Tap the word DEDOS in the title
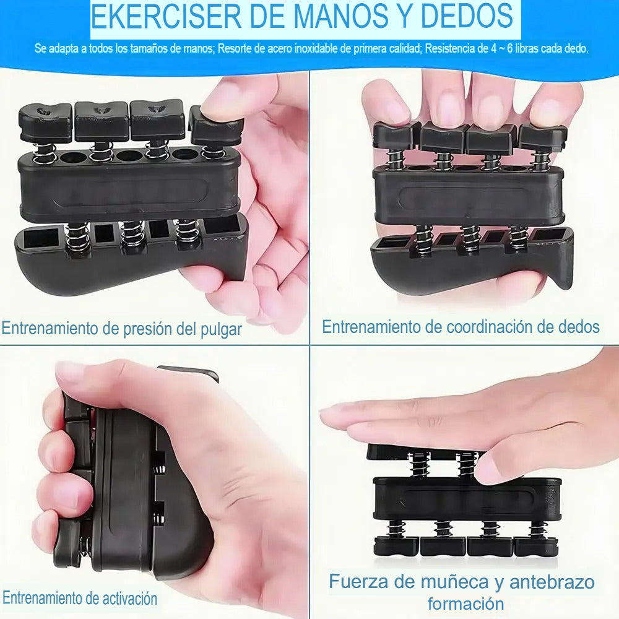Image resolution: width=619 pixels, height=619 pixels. (x=467, y=16)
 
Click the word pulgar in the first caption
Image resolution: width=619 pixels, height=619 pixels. (x=221, y=329)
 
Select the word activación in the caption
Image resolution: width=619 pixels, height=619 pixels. (x=130, y=599)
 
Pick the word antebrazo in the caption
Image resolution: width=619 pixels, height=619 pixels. (x=552, y=582)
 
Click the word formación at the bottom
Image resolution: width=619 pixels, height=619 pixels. (x=466, y=604)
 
